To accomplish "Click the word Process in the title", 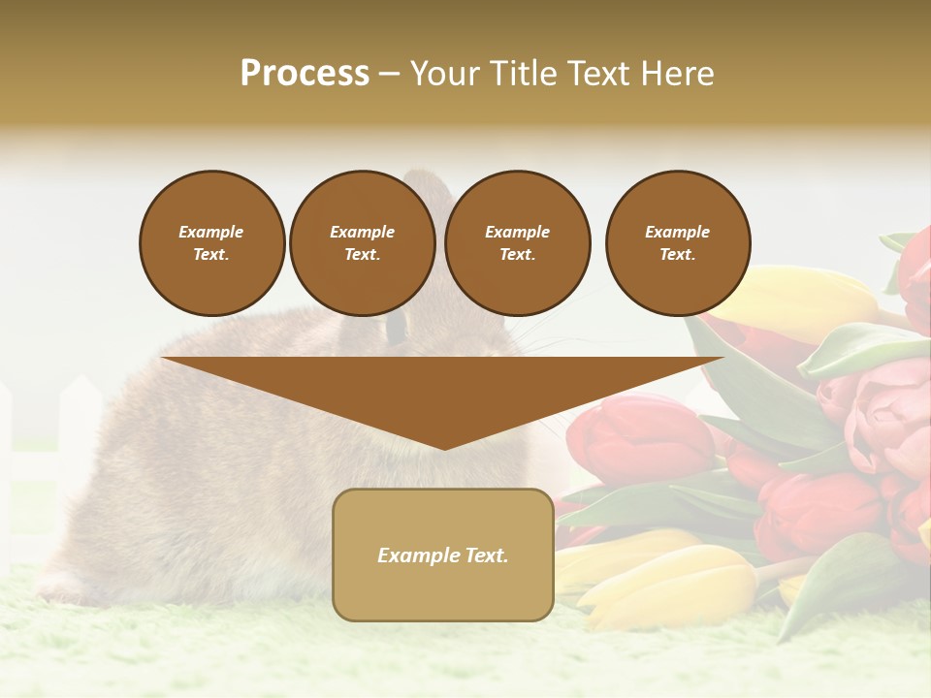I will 305,74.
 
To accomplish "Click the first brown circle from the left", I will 211,243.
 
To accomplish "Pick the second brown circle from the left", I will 362,243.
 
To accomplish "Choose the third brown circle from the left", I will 517,243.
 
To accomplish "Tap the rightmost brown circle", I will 677,243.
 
